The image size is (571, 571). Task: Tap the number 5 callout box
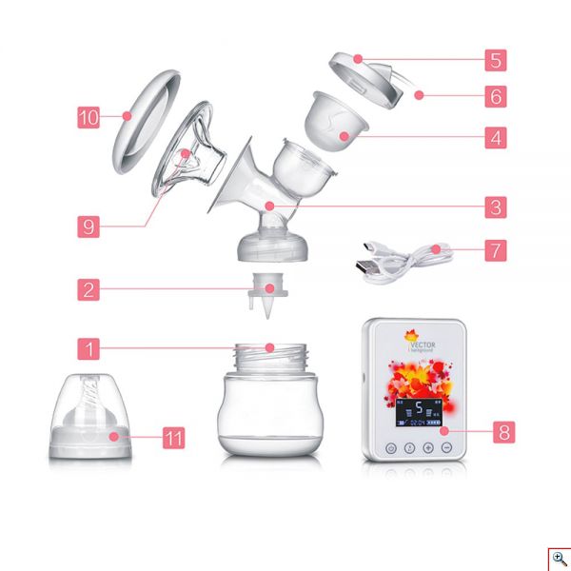[494, 60]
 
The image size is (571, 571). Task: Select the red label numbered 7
[494, 250]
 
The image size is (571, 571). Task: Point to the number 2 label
[89, 289]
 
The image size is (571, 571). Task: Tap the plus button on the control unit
[427, 446]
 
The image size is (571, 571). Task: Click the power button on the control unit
[391, 446]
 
